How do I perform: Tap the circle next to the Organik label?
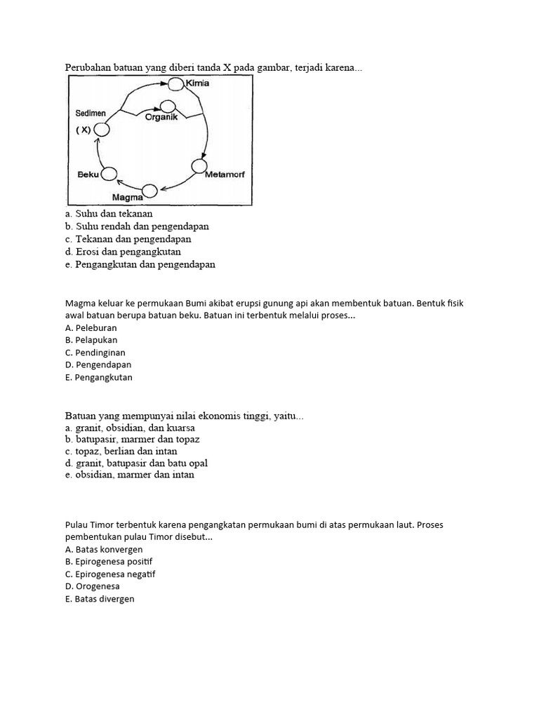click(x=167, y=107)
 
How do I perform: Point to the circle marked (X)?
click(x=102, y=130)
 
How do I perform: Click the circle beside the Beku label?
click(x=109, y=173)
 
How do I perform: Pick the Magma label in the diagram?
click(x=127, y=197)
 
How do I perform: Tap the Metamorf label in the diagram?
click(x=225, y=174)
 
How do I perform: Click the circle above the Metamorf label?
click(x=199, y=166)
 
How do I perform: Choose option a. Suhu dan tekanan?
click(x=108, y=213)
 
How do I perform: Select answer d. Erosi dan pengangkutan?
click(x=122, y=252)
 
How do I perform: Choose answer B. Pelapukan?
click(x=91, y=340)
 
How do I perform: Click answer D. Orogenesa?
click(x=92, y=586)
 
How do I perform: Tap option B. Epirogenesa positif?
click(x=108, y=562)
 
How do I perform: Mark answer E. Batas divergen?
click(x=99, y=599)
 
